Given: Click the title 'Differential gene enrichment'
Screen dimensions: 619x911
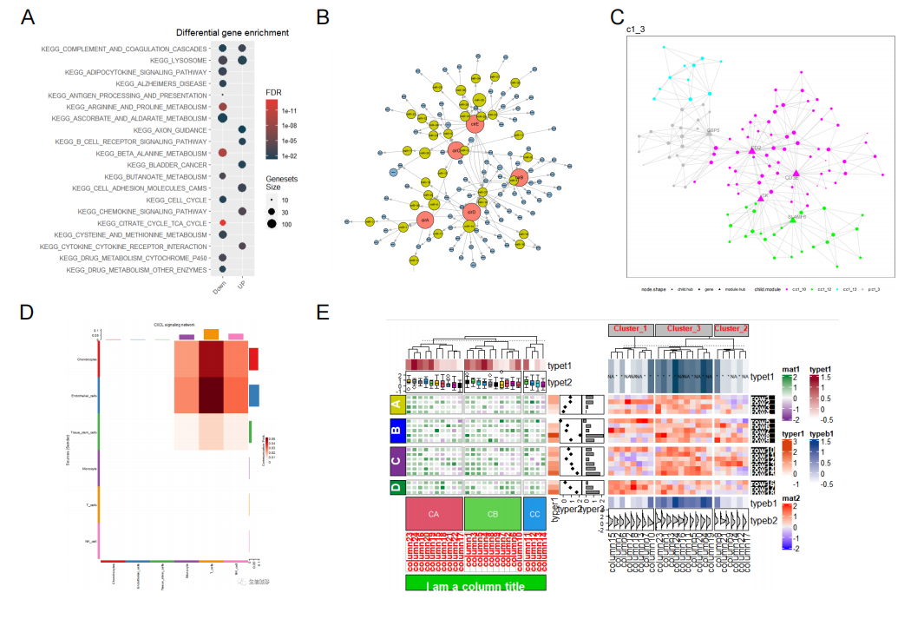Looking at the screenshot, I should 233,33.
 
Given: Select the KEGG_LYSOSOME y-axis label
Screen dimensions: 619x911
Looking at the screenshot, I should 179,61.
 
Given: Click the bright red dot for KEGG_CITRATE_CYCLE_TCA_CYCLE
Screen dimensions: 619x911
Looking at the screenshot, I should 223,223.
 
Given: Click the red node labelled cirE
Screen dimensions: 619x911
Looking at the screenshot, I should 474,124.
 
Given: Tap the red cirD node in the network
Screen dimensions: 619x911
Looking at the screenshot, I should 471,212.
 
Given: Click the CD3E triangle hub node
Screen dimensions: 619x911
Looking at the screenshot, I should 796,174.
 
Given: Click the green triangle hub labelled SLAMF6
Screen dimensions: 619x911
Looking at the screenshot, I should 793,221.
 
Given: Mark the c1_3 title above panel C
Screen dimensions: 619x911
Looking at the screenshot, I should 635,30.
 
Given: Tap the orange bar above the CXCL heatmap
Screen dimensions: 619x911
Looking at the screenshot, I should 211,334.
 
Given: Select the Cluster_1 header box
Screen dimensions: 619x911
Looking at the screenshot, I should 631,330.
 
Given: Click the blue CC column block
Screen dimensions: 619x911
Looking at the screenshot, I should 534,514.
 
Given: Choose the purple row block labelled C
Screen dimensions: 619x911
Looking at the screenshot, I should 396,458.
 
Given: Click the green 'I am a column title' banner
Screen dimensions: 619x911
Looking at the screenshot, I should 475,584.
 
